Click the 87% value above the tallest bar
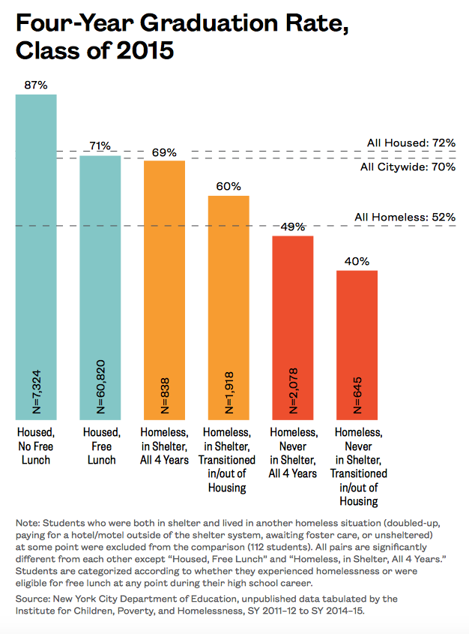(x=36, y=86)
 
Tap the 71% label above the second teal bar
(x=100, y=146)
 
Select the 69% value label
(x=164, y=152)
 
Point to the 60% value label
(x=229, y=187)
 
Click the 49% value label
(x=292, y=227)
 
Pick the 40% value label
(x=357, y=261)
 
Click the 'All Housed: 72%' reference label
(x=411, y=143)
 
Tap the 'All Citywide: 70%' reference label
(x=408, y=167)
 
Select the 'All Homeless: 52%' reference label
(x=405, y=218)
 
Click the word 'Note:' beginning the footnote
(x=28, y=522)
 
